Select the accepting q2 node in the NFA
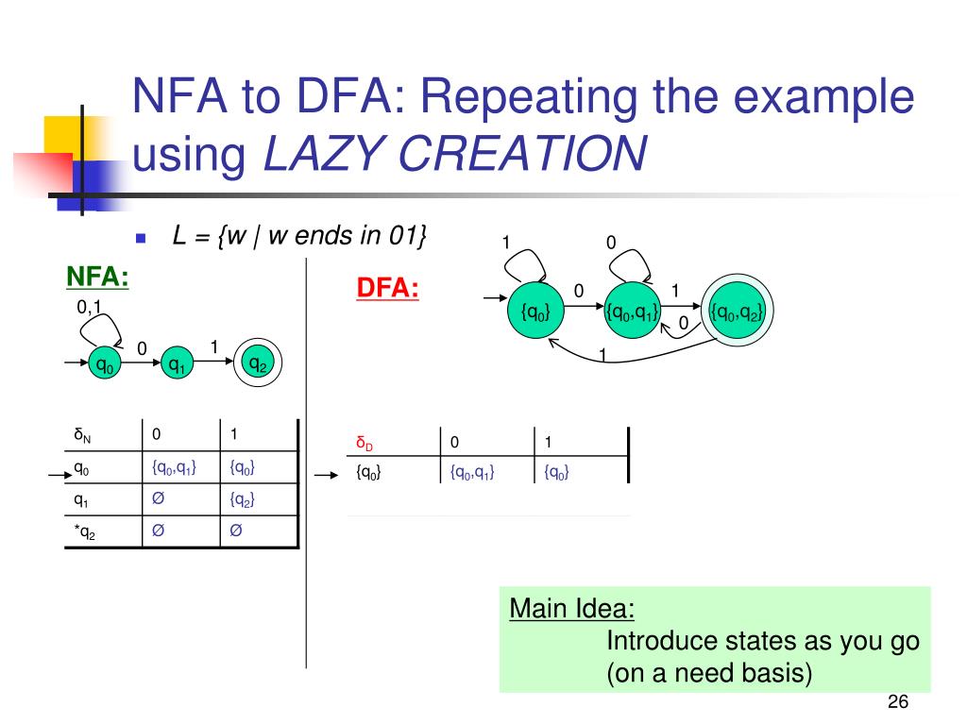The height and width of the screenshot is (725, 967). pyautogui.click(x=257, y=363)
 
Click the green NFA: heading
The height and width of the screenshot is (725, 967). pyautogui.click(x=97, y=278)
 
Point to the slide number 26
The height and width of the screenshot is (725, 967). pyautogui.click(x=897, y=702)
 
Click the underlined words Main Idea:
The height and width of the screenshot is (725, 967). pyautogui.click(x=571, y=608)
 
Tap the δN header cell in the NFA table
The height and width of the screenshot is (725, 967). pyautogui.click(x=84, y=435)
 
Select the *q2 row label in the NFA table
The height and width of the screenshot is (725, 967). pyautogui.click(x=84, y=532)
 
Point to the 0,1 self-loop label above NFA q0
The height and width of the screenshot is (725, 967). pyautogui.click(x=89, y=307)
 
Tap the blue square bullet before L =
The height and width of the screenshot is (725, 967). pyautogui.click(x=139, y=239)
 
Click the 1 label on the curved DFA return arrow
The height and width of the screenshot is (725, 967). pyautogui.click(x=602, y=355)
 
